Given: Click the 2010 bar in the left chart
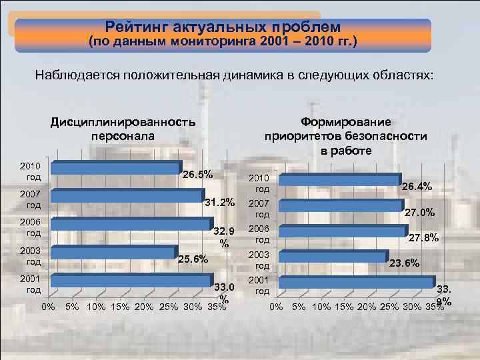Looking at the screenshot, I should click(115, 169).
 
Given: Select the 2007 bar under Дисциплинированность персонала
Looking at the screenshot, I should click(127, 196).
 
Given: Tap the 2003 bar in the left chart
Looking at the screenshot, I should click(113, 253).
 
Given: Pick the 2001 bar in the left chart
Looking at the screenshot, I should click(131, 281).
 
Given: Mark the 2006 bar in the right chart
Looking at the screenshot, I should click(343, 231).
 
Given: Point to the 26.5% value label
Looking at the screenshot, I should click(198, 175).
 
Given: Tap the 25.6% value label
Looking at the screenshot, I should click(193, 259).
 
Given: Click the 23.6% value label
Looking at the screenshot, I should click(404, 263).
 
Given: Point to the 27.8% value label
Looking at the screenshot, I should click(423, 238).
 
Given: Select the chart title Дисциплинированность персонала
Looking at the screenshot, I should click(123, 128).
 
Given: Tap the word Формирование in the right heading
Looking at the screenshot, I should click(345, 122).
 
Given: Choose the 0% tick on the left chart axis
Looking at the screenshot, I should click(48, 307).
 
